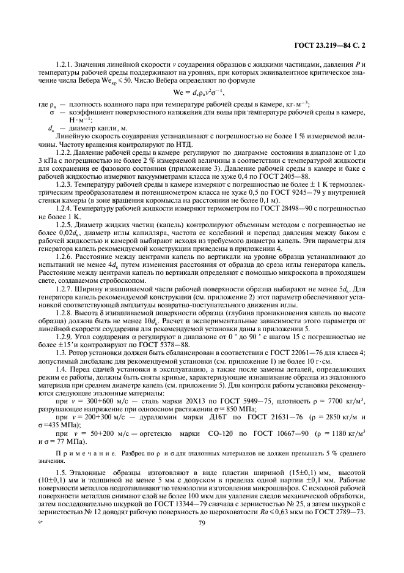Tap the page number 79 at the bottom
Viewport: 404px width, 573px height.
click(201, 540)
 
